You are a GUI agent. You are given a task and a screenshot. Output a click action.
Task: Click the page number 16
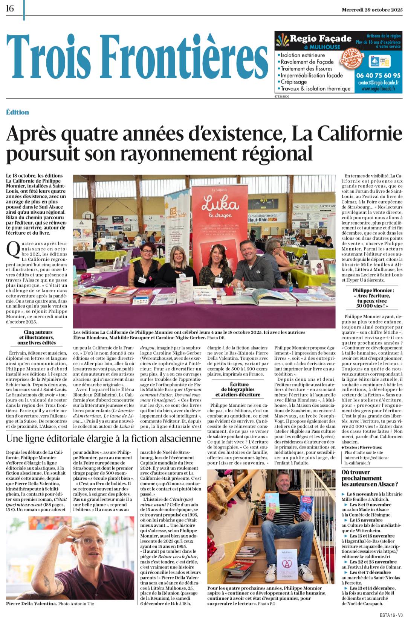(10, 8)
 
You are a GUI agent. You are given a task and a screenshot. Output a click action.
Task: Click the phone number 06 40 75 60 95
(378, 76)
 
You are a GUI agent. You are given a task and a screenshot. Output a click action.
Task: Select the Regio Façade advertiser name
(320, 39)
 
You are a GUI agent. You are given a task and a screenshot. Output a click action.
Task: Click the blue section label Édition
(17, 112)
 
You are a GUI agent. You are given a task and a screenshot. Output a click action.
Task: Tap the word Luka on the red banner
(220, 204)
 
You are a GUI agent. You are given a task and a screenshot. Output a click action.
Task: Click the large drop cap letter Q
(13, 250)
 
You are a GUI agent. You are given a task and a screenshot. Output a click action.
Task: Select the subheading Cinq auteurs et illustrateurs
(38, 337)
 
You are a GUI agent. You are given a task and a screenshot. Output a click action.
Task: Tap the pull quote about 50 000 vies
(373, 298)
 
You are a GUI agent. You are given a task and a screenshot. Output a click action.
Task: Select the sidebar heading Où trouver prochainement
(369, 478)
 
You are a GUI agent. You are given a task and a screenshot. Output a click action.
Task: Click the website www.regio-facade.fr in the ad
(378, 89)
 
